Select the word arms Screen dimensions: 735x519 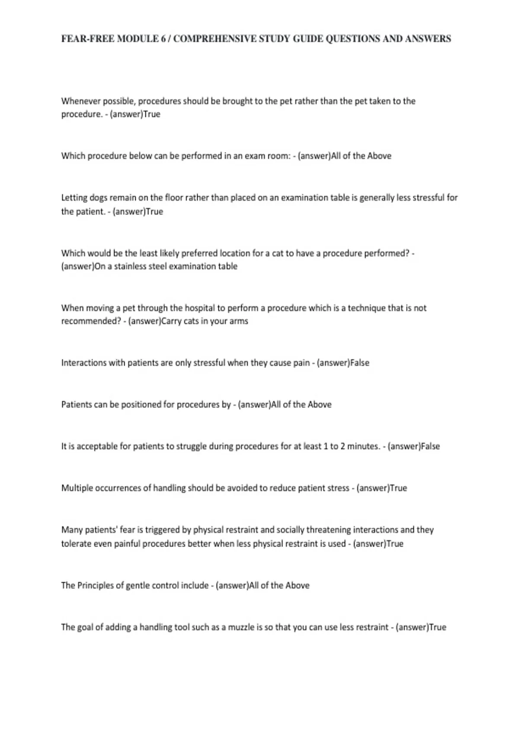[x=239, y=321]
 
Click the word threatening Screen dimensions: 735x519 [x=328, y=530]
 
